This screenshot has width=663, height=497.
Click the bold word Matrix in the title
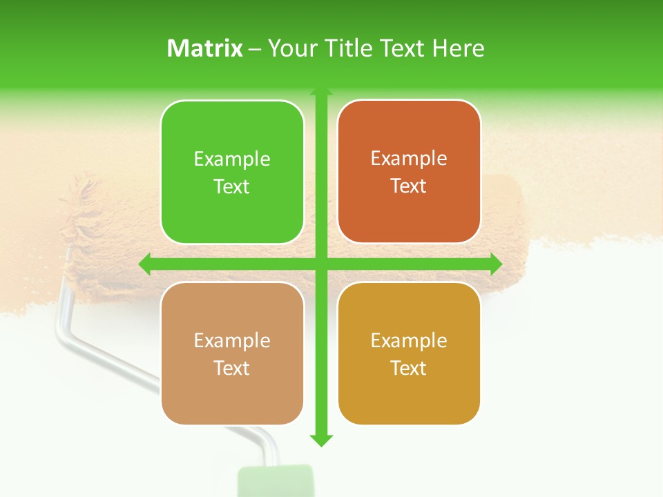[x=205, y=48]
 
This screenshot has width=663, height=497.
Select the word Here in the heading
[x=458, y=48]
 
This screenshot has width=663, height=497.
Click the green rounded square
[x=232, y=173]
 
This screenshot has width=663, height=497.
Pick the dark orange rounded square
[x=409, y=172]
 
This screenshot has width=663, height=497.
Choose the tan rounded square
[x=232, y=353]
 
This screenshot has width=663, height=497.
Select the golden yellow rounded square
[x=409, y=353]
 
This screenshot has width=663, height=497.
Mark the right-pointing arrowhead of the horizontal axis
[x=496, y=264]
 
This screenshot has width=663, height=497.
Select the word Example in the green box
[x=232, y=159]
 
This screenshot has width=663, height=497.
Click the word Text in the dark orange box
[x=409, y=186]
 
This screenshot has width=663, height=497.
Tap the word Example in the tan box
[x=232, y=340]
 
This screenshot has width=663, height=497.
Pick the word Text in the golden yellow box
[x=409, y=368]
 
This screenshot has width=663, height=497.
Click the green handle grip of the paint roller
[x=276, y=482]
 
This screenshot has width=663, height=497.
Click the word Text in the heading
[x=404, y=48]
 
